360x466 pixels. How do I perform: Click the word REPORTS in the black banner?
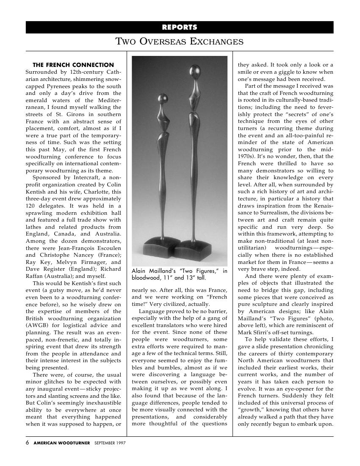[180, 28]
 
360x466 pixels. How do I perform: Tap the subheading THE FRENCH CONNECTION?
[73, 65]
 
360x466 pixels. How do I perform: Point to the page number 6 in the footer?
[28, 443]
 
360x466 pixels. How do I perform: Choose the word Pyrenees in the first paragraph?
[53, 86]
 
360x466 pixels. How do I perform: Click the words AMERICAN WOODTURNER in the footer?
[62, 443]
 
